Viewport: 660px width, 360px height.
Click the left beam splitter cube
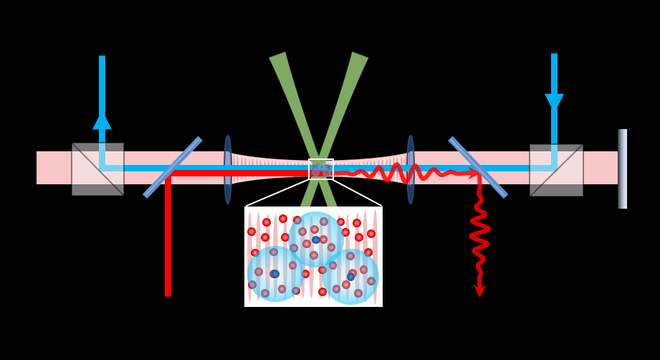point(97,169)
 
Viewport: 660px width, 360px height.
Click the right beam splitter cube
point(556,170)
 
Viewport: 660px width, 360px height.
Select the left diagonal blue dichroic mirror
point(173,167)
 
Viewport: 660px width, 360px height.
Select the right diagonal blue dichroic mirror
point(478,167)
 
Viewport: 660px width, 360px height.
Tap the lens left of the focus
point(228,169)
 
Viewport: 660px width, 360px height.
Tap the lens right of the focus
point(411,169)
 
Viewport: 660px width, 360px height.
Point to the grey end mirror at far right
point(622,169)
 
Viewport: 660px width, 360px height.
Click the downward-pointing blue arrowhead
point(554,102)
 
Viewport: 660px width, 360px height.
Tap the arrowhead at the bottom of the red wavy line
point(479,290)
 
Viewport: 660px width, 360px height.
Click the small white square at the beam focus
point(321,169)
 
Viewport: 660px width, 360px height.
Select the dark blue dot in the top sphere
point(316,240)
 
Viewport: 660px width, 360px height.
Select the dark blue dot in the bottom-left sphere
point(274,274)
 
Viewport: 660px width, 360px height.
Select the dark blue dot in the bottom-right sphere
point(350,277)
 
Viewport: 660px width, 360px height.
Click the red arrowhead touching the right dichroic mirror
point(473,173)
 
